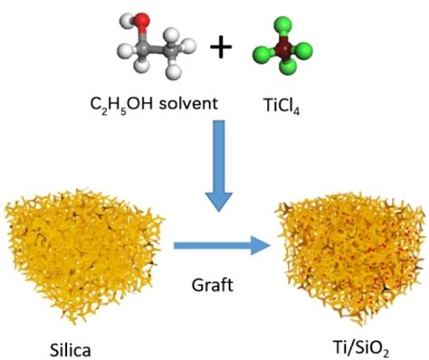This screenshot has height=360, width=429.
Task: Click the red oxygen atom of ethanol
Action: pos(141,20)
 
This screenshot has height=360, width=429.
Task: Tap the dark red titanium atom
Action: pos(282,48)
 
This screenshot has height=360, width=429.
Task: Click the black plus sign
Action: pos(221,47)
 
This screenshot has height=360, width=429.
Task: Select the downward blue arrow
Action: pos(219,166)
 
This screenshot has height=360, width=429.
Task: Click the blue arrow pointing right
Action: pos(222,246)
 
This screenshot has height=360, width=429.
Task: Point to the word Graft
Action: pos(213,285)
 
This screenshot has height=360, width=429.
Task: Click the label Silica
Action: pos(70,350)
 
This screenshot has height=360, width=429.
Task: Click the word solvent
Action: pos(188,104)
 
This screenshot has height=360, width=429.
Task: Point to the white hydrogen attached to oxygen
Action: pos(126,22)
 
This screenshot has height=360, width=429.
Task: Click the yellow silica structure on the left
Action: pos(84,254)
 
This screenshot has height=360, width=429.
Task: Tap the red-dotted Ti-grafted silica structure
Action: pos(350,256)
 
